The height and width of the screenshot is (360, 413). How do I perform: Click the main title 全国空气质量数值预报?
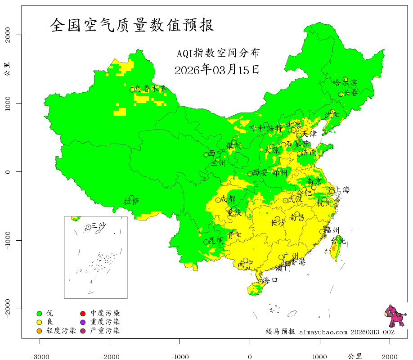point(132,25)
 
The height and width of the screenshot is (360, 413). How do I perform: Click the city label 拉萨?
point(132,201)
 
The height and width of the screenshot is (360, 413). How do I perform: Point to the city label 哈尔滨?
point(345,82)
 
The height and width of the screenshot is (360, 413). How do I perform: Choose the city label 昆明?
point(216,241)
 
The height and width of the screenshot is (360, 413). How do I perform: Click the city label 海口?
point(270,280)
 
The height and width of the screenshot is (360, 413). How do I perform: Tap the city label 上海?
point(342,190)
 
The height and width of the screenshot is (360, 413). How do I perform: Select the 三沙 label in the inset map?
point(99,225)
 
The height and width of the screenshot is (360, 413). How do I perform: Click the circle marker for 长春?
point(341,94)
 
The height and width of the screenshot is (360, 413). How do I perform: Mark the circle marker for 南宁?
point(245,261)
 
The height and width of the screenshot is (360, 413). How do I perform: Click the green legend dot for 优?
point(39,313)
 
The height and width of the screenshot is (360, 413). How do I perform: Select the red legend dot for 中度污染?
point(83,313)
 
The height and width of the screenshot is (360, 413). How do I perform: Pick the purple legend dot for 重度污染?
point(83,322)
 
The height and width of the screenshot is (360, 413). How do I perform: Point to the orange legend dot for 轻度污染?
point(39,331)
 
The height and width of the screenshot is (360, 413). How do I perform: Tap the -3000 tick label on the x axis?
point(40,356)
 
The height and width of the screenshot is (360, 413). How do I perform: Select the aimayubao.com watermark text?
point(323,332)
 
